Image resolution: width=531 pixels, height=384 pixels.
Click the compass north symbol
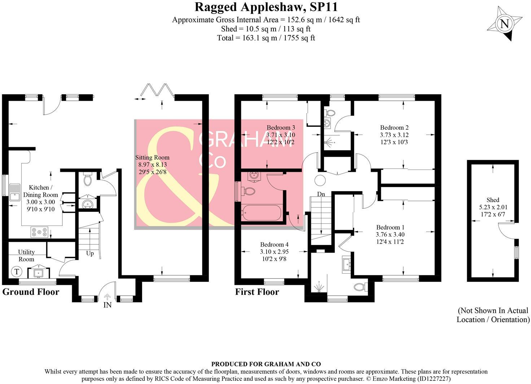point(505,25)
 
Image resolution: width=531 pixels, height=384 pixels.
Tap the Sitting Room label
point(152,165)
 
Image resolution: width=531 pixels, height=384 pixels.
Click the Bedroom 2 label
point(394,135)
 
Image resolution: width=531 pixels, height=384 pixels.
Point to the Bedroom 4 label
point(274,252)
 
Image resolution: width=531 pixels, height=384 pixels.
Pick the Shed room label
point(492,207)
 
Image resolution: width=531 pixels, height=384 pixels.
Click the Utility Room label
point(26,256)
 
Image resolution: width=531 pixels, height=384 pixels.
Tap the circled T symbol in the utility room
point(16,271)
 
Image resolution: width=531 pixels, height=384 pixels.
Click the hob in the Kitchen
point(39,232)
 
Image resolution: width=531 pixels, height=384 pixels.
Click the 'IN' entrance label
point(107,305)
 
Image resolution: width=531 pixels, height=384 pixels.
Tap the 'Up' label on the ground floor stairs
point(90,253)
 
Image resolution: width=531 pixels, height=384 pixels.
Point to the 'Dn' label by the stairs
point(321,194)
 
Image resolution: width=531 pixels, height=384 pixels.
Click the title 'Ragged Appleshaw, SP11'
point(266,7)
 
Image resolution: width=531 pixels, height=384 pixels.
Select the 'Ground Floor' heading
point(31,292)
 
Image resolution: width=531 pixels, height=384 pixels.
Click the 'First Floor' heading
point(257,292)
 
